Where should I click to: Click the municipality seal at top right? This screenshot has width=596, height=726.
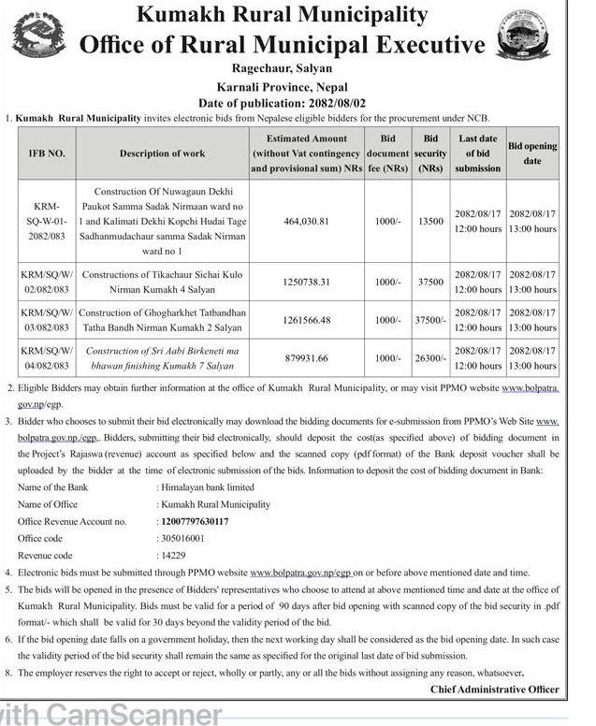point(525,36)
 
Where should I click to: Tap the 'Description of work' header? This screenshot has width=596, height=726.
point(163,152)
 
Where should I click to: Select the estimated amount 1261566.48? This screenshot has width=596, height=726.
point(306,320)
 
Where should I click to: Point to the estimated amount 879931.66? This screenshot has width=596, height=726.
point(306,357)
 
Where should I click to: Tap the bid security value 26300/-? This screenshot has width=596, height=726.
point(430,357)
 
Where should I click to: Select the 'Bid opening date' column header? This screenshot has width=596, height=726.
point(531,153)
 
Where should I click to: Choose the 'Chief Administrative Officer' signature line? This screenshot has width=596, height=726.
point(494,690)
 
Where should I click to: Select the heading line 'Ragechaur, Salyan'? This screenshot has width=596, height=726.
point(282,67)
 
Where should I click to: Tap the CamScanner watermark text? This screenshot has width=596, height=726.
point(112,714)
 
